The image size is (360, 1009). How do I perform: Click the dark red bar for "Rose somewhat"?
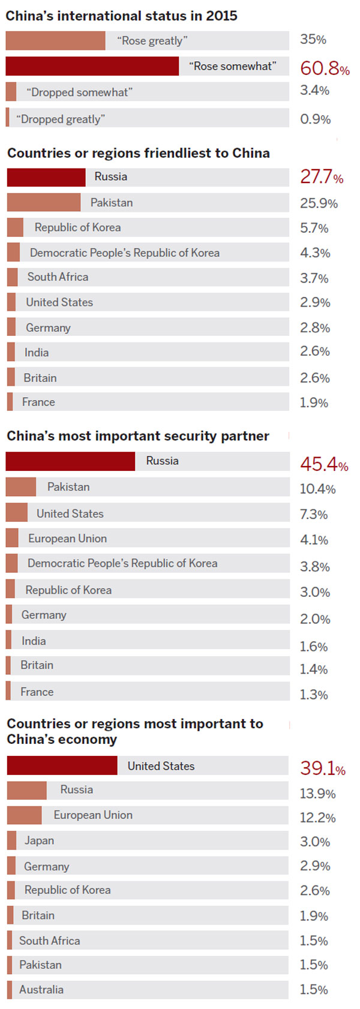[92, 66]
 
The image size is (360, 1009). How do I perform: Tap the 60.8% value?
[325, 68]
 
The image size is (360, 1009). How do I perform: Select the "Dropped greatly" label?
[61, 119]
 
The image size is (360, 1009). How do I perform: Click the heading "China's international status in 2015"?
[121, 16]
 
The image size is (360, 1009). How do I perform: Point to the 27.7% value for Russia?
[322, 177]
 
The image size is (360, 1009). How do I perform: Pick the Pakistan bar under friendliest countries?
[43, 202]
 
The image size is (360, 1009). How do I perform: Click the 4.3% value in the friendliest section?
[315, 253]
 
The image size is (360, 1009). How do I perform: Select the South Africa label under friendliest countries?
[58, 277]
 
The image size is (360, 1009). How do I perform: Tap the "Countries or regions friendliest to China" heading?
[139, 153]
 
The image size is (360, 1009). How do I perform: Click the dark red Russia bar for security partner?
[70, 461]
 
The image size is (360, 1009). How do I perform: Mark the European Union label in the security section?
[67, 539]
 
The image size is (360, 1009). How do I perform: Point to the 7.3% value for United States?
[314, 515]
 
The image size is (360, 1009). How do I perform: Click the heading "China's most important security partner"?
[138, 436]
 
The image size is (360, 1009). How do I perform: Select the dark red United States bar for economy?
[62, 765]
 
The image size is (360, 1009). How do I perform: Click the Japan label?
[39, 840]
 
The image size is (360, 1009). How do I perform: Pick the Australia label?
[41, 990]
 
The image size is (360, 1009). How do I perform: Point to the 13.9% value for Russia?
[317, 794]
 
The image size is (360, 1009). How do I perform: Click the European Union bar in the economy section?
[25, 815]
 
